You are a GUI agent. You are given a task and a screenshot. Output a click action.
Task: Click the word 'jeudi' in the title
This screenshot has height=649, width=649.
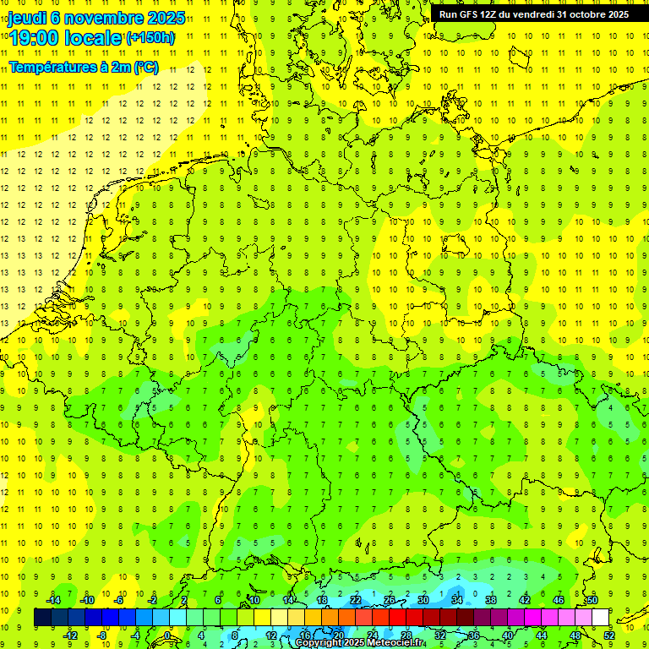pyautogui.click(x=26, y=17)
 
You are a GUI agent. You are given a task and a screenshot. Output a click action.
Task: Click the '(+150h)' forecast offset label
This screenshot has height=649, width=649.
pyautogui.click(x=150, y=38)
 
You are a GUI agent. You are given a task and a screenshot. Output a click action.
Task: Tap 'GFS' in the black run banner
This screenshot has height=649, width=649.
pyautogui.click(x=469, y=14)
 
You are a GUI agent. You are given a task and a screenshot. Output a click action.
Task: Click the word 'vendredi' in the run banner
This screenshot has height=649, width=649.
pyautogui.click(x=535, y=14)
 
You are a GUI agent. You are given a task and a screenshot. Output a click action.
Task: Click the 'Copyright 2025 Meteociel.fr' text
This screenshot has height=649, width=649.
pyautogui.click(x=361, y=643)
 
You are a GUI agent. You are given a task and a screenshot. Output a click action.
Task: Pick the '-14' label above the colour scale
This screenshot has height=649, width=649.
pyautogui.click(x=54, y=600)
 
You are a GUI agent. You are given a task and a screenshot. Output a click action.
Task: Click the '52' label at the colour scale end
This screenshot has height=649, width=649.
pyautogui.click(x=609, y=635)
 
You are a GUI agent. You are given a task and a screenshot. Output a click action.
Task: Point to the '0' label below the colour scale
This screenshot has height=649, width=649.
pyautogui.click(x=167, y=635)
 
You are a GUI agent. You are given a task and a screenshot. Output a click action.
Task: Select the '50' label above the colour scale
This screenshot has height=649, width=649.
pyautogui.click(x=592, y=600)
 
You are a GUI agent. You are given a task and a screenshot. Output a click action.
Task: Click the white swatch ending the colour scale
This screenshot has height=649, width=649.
pyautogui.click(x=601, y=618)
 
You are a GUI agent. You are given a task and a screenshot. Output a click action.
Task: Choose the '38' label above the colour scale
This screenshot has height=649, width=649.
pyautogui.click(x=490, y=600)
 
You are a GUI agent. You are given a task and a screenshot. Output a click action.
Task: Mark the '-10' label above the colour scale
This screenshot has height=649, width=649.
pyautogui.click(x=87, y=600)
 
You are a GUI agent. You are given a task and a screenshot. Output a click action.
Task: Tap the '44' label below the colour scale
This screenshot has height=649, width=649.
pyautogui.click(x=542, y=635)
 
